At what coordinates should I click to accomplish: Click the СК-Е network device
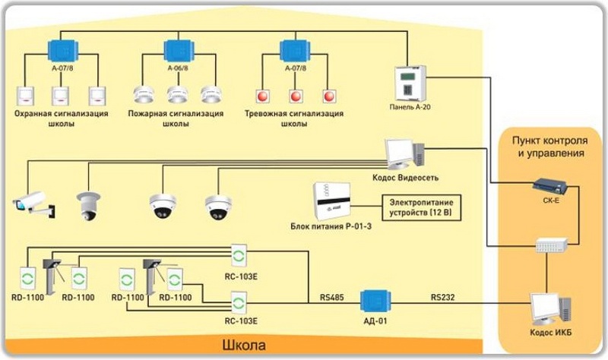click(x=551, y=185)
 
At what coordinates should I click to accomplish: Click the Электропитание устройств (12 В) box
click(x=422, y=207)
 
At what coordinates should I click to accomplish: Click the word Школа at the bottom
click(x=244, y=346)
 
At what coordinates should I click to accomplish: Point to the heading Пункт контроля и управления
click(x=547, y=147)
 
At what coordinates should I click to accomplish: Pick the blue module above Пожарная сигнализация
click(x=179, y=51)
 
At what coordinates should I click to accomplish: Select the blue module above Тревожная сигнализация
click(x=294, y=51)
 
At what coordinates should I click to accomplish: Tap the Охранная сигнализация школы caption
click(x=61, y=118)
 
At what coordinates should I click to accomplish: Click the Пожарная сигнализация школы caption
click(x=180, y=118)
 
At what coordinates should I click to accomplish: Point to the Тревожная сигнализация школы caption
click(x=294, y=118)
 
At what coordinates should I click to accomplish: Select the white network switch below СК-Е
click(x=550, y=245)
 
